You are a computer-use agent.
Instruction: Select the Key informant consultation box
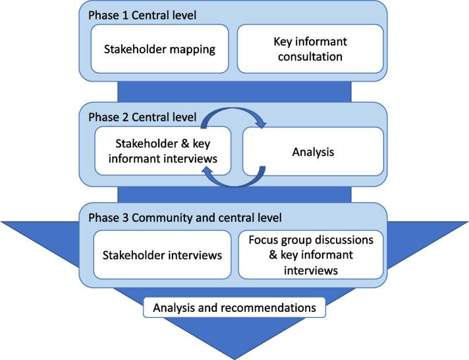coord(310,48)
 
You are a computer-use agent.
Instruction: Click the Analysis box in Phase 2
coord(314,152)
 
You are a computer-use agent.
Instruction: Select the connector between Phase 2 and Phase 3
coord(234,194)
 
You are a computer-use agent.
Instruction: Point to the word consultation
coord(310,57)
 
